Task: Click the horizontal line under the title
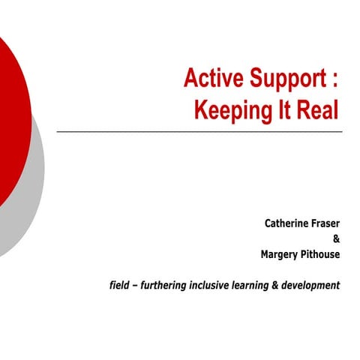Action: [x=199, y=132]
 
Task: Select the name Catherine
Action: [x=286, y=223]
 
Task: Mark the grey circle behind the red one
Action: [x=30, y=202]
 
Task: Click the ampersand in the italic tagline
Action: [x=280, y=285]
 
